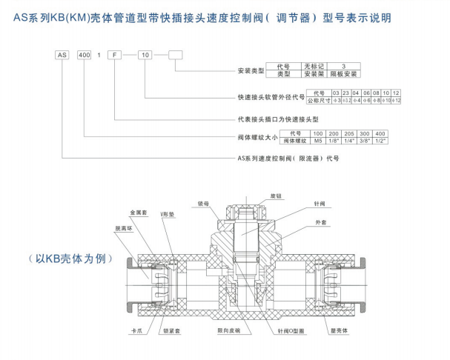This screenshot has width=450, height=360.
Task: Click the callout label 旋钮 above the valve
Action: [x=277, y=196]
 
